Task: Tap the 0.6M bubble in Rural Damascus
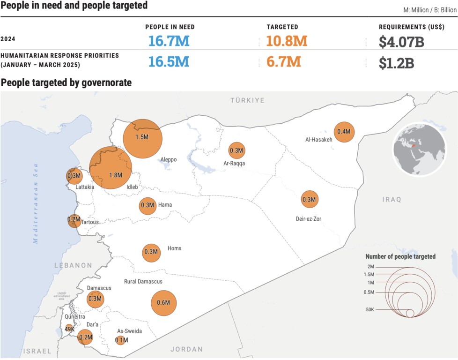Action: [163, 302]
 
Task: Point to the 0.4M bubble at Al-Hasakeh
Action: [344, 132]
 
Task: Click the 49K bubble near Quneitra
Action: [69, 329]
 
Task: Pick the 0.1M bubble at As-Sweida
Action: [121, 340]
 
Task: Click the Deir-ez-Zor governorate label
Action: [308, 219]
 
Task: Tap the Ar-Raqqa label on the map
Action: [234, 164]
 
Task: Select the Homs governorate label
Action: [174, 248]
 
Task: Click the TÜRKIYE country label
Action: [247, 100]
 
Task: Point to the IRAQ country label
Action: [392, 200]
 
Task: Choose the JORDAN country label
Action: [186, 349]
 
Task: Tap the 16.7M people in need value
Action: [169, 41]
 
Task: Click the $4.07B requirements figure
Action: [401, 42]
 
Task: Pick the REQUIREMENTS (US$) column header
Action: [411, 27]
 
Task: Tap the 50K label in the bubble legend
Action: [370, 310]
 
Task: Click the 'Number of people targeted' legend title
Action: [400, 256]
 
